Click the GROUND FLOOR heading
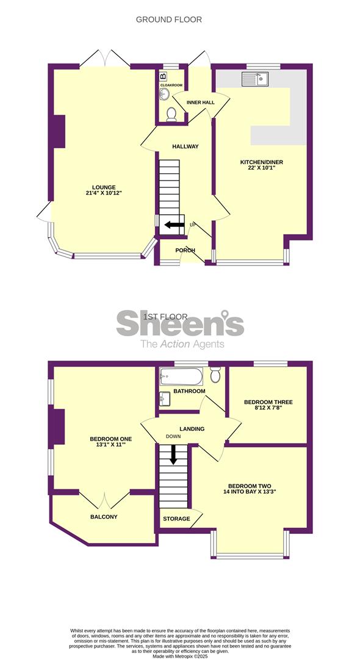168,20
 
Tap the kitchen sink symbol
256,79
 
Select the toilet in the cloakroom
171,114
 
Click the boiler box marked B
163,77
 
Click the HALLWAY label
185,146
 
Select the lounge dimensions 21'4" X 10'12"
104,193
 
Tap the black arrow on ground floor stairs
174,225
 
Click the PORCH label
185,251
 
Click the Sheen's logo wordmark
180,323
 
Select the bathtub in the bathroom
181,376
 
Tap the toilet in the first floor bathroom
216,375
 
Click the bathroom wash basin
165,398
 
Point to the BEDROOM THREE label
268,402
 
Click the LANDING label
192,429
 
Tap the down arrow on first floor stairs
173,455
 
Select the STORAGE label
176,519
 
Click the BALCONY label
104,517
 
